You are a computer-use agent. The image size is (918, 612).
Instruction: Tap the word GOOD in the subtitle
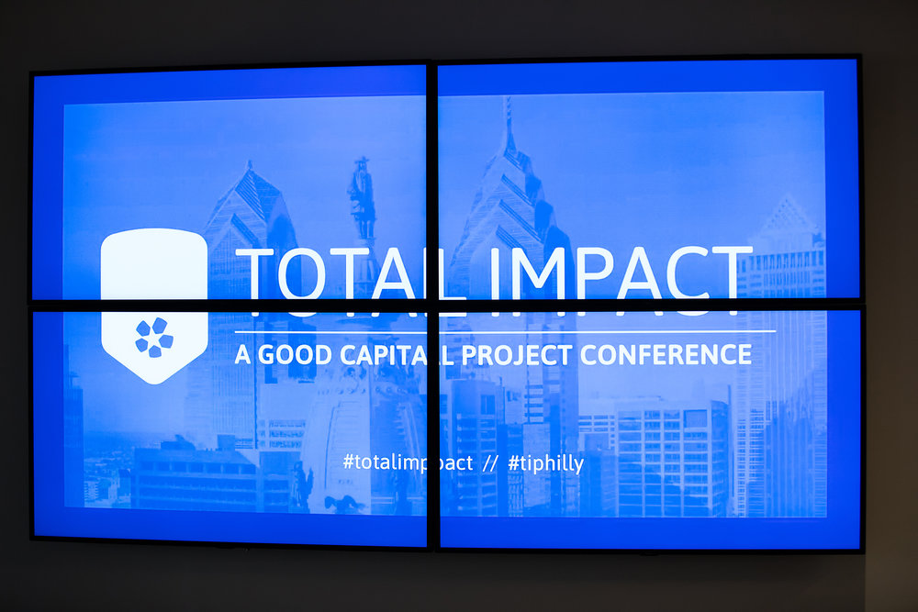click(295, 355)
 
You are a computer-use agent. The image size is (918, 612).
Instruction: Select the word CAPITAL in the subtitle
click(396, 355)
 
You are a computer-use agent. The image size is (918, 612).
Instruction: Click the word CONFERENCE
click(666, 354)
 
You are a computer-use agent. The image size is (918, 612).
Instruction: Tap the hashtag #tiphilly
click(545, 463)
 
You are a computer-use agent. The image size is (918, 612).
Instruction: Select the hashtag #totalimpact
click(409, 462)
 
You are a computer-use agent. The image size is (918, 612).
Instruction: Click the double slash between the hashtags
click(490, 463)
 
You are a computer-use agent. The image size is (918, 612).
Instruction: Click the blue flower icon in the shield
click(154, 338)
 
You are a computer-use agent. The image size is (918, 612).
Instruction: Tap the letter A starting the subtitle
click(242, 355)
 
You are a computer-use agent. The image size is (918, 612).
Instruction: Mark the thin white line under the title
click(505, 332)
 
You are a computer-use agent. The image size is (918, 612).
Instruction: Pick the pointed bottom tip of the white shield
click(155, 384)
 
